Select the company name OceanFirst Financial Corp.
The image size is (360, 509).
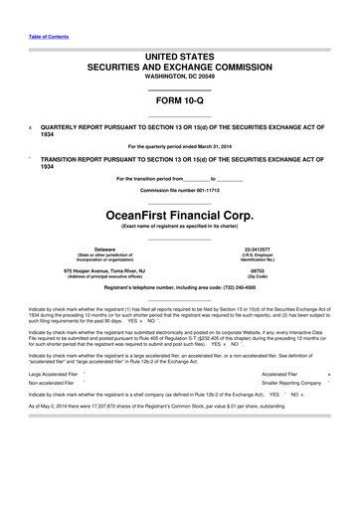click(179, 212)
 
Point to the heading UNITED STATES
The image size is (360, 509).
click(179, 59)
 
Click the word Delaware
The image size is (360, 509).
click(104, 249)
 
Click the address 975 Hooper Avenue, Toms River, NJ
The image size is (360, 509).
click(104, 269)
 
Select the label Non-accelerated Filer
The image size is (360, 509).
click(55, 382)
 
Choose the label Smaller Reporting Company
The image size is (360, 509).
click(291, 382)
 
